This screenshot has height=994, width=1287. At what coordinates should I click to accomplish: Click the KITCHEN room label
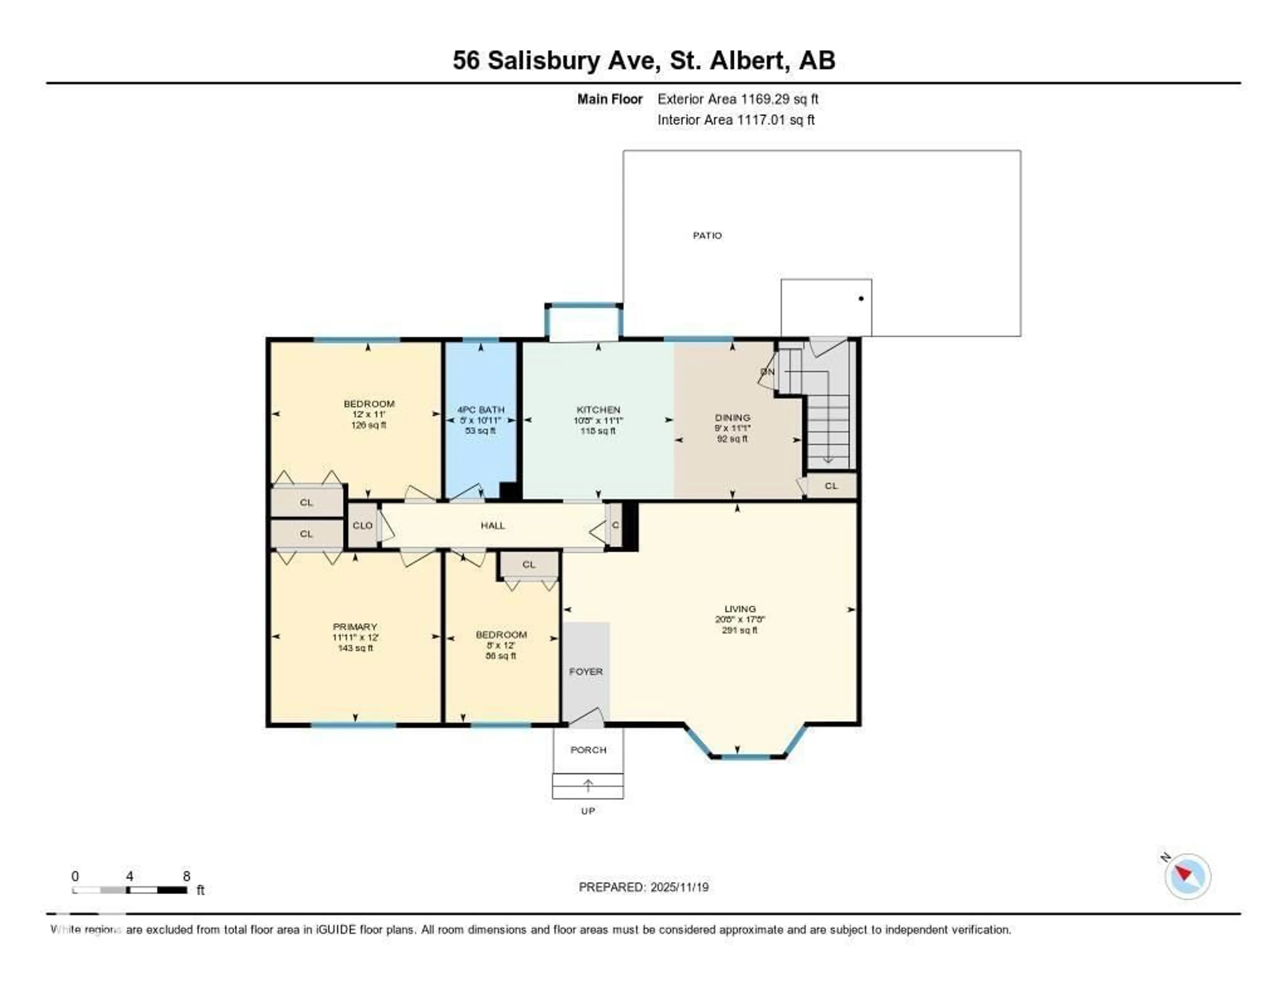598,410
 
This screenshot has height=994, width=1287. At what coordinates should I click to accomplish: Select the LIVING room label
740,609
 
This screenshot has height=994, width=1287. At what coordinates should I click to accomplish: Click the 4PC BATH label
481,410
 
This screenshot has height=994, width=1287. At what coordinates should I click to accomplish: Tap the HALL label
493,525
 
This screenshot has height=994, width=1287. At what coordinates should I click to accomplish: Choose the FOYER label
586,671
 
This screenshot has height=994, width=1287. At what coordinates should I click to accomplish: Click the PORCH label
588,749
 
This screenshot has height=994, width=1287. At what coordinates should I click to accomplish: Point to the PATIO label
707,236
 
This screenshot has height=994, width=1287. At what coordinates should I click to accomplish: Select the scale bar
130,890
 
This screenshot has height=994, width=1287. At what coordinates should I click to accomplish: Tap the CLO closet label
362,525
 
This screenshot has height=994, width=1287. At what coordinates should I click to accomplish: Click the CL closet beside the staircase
831,486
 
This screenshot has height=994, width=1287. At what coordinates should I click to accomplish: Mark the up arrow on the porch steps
588,786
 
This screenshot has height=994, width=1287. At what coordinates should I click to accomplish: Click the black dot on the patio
861,299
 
